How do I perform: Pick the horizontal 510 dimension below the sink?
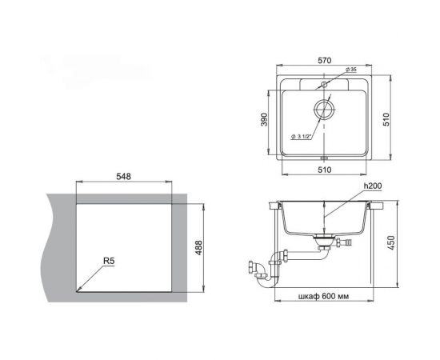[324, 170]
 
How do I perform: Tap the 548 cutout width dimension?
[123, 177]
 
